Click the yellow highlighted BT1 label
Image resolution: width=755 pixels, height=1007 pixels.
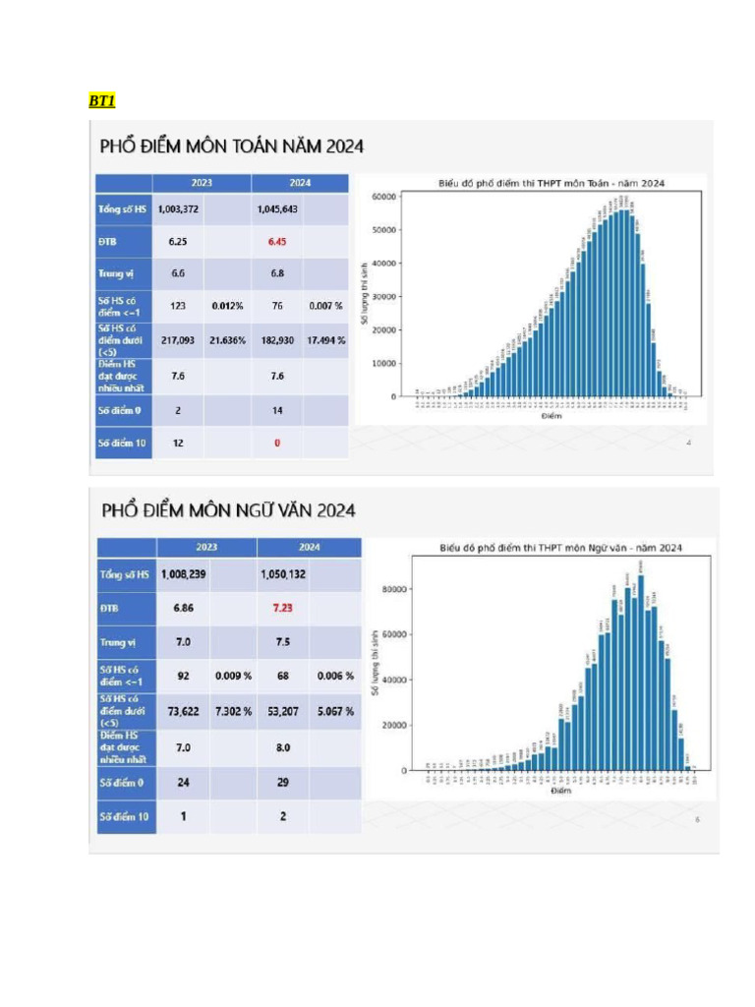102,100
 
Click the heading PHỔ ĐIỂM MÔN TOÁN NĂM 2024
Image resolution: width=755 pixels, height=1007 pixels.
232,147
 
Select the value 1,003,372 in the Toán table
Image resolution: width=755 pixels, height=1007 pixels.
178,209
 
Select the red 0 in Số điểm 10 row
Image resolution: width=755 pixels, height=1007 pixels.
277,443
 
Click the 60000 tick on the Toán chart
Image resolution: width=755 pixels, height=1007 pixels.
383,197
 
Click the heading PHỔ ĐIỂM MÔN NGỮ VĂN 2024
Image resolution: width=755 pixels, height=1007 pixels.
229,510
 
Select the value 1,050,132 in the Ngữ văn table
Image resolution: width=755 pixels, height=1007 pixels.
283,574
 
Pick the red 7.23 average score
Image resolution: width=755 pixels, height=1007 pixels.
283,609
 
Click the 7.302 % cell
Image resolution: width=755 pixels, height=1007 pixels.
233,711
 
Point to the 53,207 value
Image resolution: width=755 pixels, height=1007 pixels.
283,711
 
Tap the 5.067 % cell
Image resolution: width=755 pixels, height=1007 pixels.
335,711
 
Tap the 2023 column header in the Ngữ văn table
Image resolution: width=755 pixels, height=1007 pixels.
206,547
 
